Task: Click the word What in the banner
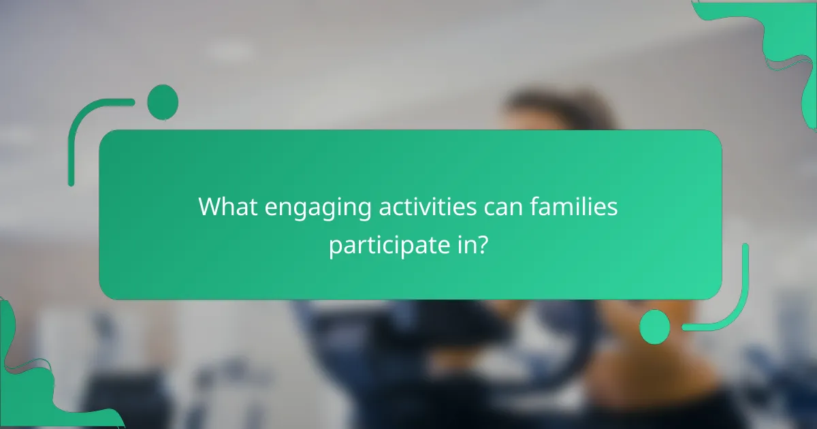(227, 207)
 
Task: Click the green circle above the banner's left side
(163, 102)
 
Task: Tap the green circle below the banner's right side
(655, 326)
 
